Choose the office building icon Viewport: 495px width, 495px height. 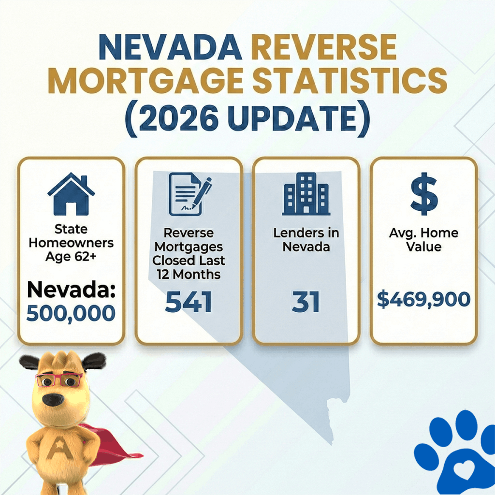(x=306, y=194)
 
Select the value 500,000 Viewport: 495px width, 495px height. (x=71, y=313)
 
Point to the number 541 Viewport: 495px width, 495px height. (x=189, y=303)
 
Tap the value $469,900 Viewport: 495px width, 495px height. (x=423, y=300)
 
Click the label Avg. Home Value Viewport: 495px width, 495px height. (x=423, y=240)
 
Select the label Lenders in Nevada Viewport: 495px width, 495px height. (x=306, y=240)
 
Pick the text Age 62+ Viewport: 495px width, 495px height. (x=71, y=257)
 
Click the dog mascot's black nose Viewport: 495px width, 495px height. (x=54, y=399)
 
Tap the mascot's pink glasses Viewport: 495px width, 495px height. (x=58, y=379)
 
